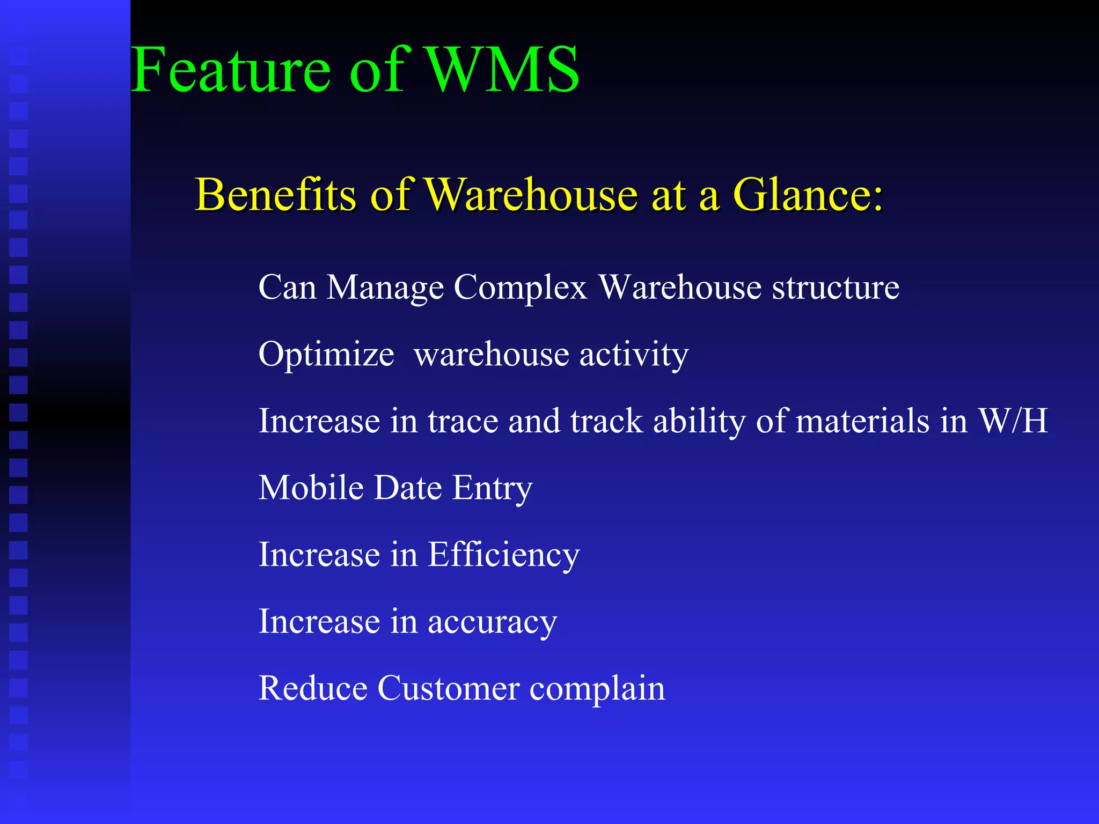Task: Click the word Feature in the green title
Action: pos(231,70)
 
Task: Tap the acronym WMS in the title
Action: pos(503,70)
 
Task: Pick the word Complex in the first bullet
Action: pos(521,288)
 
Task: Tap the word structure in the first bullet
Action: pos(836,288)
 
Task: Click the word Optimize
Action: pos(326,355)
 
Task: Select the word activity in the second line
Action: pos(634,355)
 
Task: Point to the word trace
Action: pos(463,421)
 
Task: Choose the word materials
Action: pos(862,421)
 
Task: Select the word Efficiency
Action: pos(504,555)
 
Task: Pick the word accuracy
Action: pos(492,622)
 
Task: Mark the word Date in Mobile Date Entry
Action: pos(408,488)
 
